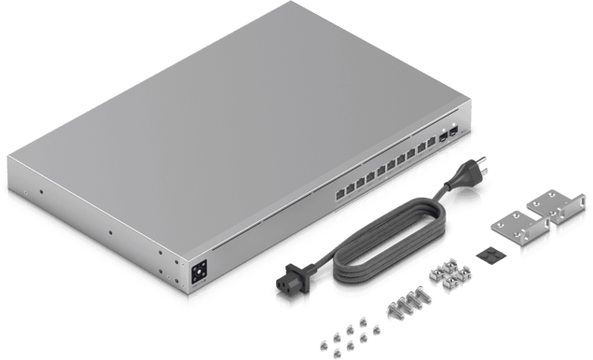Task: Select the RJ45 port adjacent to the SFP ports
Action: pyautogui.click(x=432, y=140)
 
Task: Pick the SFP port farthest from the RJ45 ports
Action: pyautogui.click(x=454, y=131)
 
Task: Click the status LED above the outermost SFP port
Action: pyautogui.click(x=454, y=124)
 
